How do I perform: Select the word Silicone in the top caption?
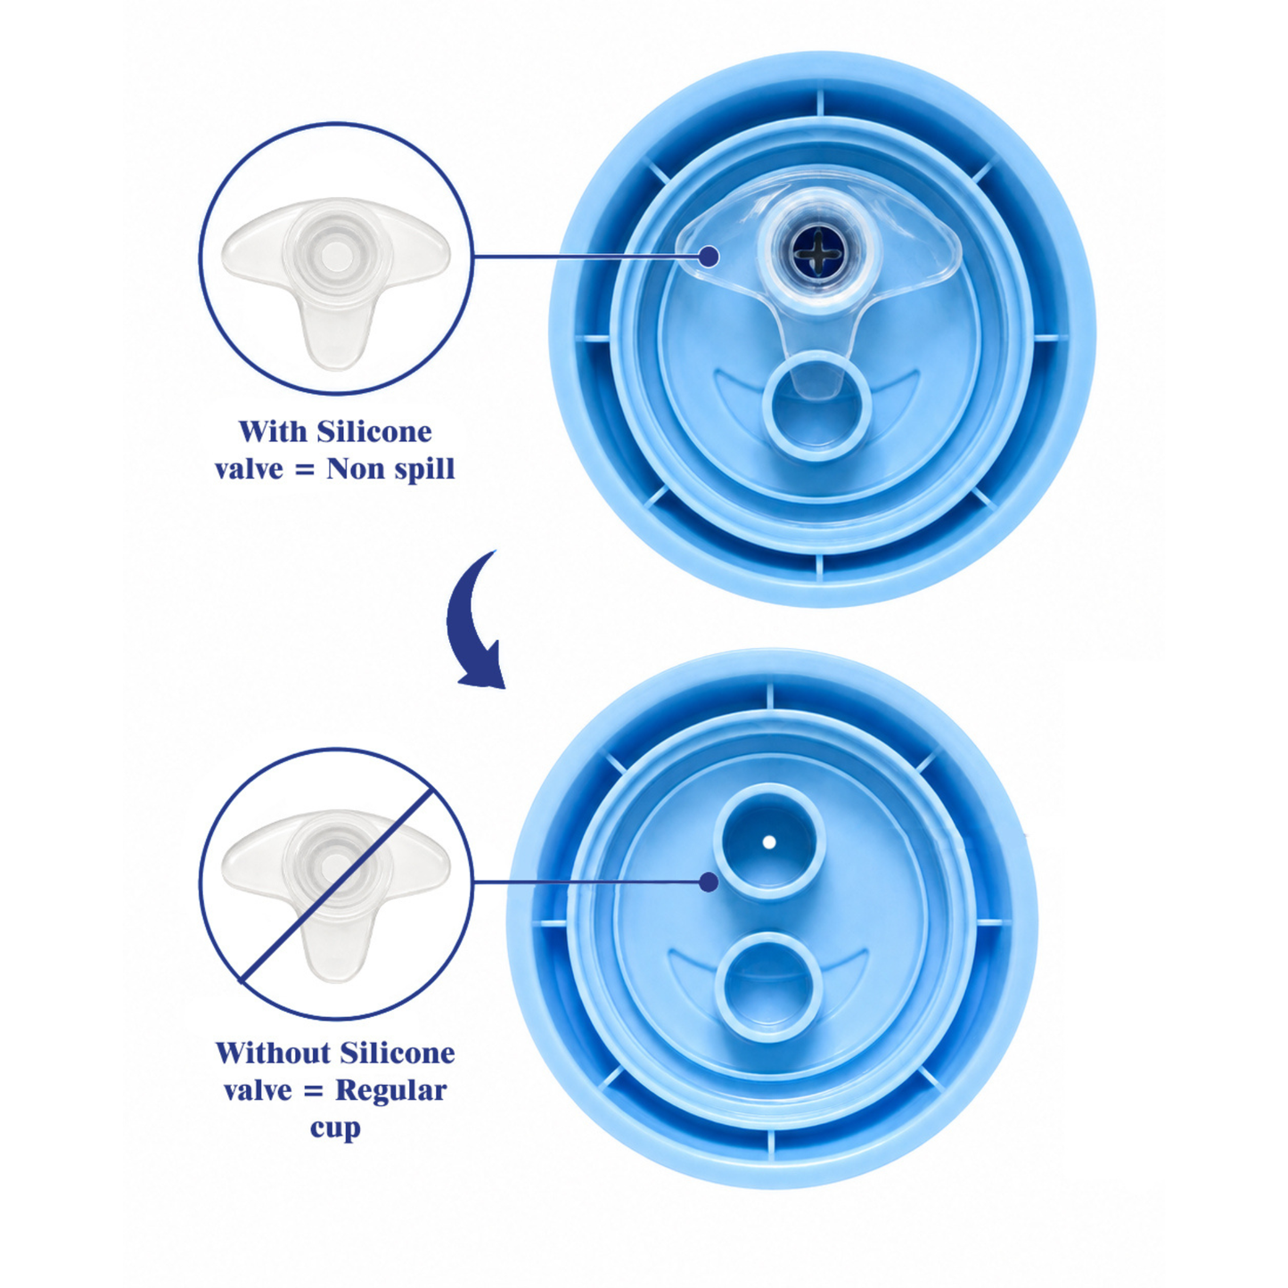click(x=374, y=431)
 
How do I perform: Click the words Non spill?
click(x=390, y=470)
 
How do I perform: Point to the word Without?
click(x=273, y=1054)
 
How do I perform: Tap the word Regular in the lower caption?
click(x=390, y=1091)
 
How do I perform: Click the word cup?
click(x=335, y=1128)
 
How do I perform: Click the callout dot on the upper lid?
click(x=709, y=256)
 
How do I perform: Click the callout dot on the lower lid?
click(x=709, y=882)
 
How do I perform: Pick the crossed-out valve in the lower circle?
click(x=335, y=897)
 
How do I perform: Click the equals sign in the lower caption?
click(x=313, y=1092)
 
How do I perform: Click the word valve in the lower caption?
click(x=258, y=1091)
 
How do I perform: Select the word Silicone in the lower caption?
click(x=398, y=1054)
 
